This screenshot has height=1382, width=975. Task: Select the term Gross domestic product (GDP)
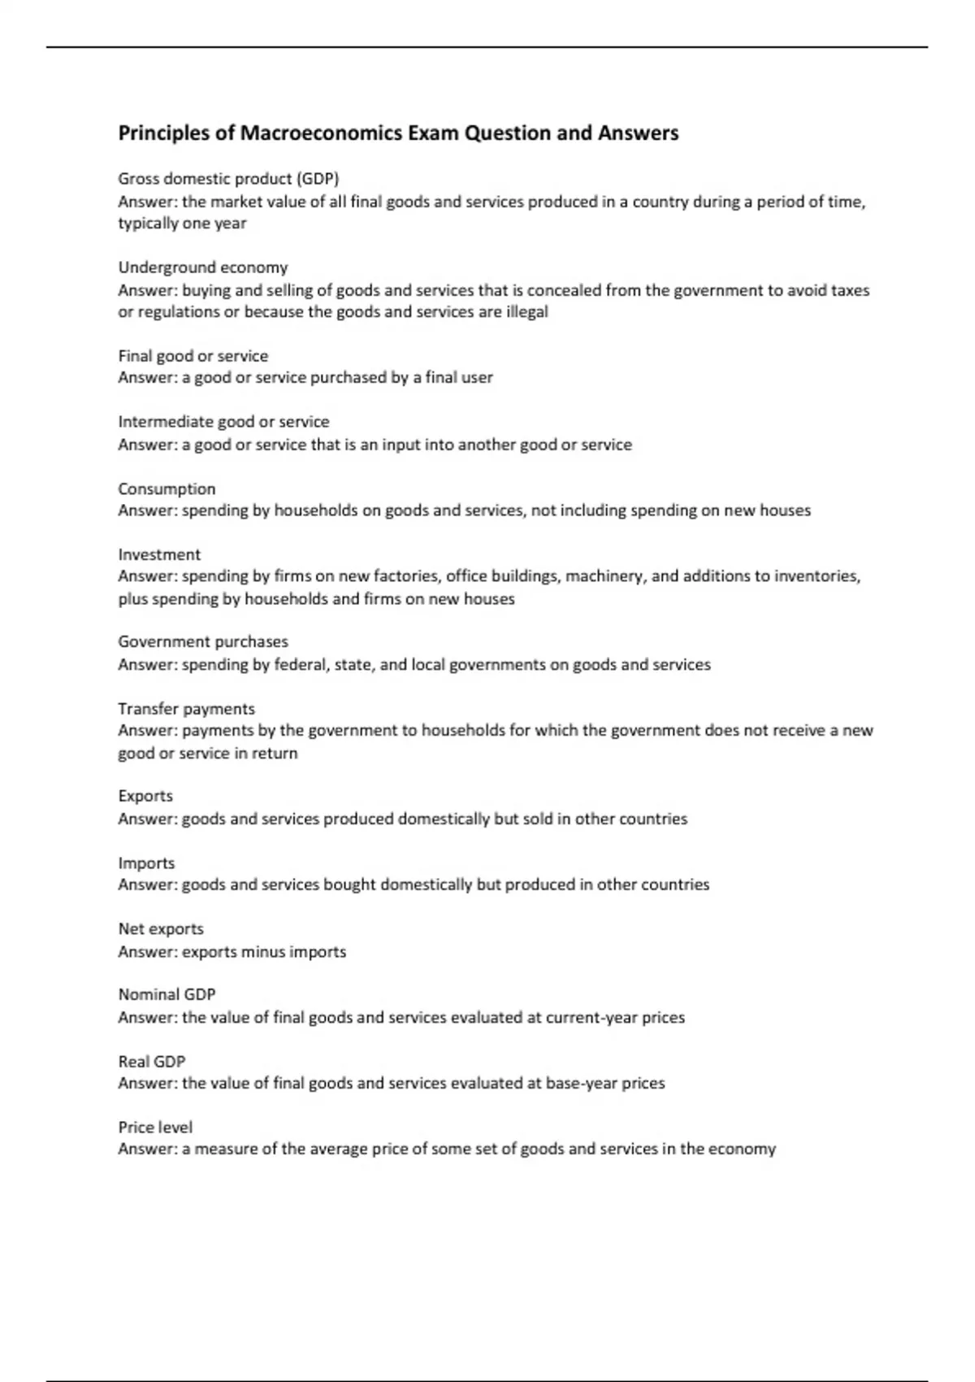click(228, 179)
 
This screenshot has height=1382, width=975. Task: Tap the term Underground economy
click(203, 267)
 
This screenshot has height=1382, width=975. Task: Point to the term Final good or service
click(193, 356)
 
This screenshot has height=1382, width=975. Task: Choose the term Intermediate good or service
click(223, 422)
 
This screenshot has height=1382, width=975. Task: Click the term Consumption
click(167, 489)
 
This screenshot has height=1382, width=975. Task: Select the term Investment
click(159, 554)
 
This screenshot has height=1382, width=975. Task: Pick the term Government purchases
click(203, 642)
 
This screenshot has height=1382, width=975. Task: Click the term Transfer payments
click(186, 709)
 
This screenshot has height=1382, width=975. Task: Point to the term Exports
click(145, 796)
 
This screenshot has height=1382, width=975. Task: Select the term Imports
click(146, 863)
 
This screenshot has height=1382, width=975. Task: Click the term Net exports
click(161, 929)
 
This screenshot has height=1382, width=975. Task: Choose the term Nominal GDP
click(167, 995)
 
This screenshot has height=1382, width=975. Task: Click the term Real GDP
click(152, 1062)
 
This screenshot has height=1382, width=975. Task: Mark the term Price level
click(155, 1128)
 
